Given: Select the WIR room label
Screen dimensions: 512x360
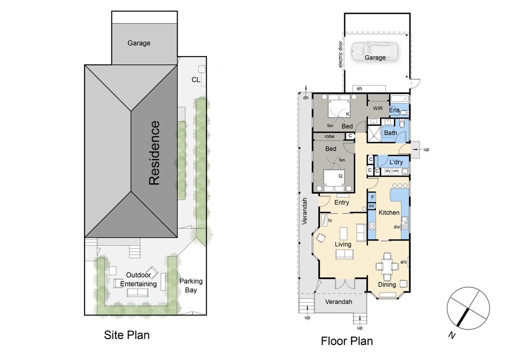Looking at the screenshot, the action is click(378, 108).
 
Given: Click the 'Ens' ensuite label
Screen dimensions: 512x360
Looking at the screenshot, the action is click(394, 110).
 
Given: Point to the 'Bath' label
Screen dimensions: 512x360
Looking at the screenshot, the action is click(390, 132).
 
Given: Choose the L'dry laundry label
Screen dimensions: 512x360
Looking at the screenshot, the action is click(396, 162).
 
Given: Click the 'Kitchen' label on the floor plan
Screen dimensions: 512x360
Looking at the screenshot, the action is click(389, 212).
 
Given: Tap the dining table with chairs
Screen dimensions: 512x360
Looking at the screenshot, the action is click(387, 266).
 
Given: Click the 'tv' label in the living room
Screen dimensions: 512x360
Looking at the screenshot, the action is click(330, 220).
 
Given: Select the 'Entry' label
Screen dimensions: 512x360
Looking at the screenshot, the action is click(341, 202).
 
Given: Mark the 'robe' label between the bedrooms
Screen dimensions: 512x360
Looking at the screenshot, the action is click(329, 136).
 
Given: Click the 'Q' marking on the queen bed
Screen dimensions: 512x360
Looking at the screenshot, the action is click(340, 176).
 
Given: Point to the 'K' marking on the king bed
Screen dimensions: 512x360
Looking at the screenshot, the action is click(348, 114).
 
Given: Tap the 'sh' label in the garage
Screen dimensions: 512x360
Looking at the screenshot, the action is click(359, 88).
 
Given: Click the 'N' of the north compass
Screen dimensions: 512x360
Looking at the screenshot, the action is click(451, 335).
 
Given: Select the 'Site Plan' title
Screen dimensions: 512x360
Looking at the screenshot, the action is click(126, 335).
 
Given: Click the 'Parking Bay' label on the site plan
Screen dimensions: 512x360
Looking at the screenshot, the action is click(190, 285).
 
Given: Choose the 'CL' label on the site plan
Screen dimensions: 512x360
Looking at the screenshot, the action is click(195, 79).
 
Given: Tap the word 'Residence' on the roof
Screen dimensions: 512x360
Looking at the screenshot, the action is click(154, 153).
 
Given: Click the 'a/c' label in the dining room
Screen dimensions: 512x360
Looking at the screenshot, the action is click(403, 261).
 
